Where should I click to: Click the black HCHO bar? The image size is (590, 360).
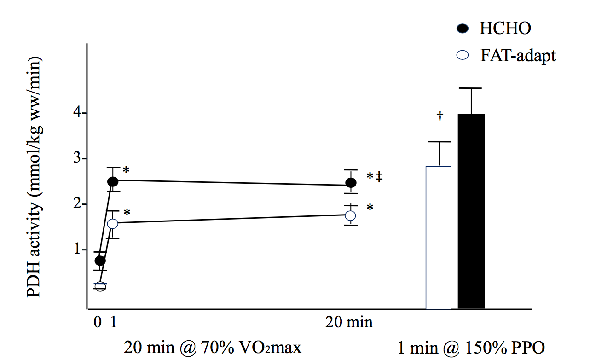click(471, 211)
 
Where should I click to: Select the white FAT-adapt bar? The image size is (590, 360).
click(438, 238)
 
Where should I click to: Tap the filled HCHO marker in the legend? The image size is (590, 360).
click(463, 29)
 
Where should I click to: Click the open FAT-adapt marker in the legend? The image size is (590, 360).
click(463, 56)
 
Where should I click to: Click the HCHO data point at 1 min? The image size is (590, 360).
click(113, 181)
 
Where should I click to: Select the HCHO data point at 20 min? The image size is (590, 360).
click(351, 183)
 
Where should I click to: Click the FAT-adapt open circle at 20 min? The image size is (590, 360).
click(351, 215)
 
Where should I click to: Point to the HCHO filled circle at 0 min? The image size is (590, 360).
click(100, 261)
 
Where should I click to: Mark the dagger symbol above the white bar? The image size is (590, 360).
click(440, 116)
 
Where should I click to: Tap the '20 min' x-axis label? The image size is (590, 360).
click(349, 323)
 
